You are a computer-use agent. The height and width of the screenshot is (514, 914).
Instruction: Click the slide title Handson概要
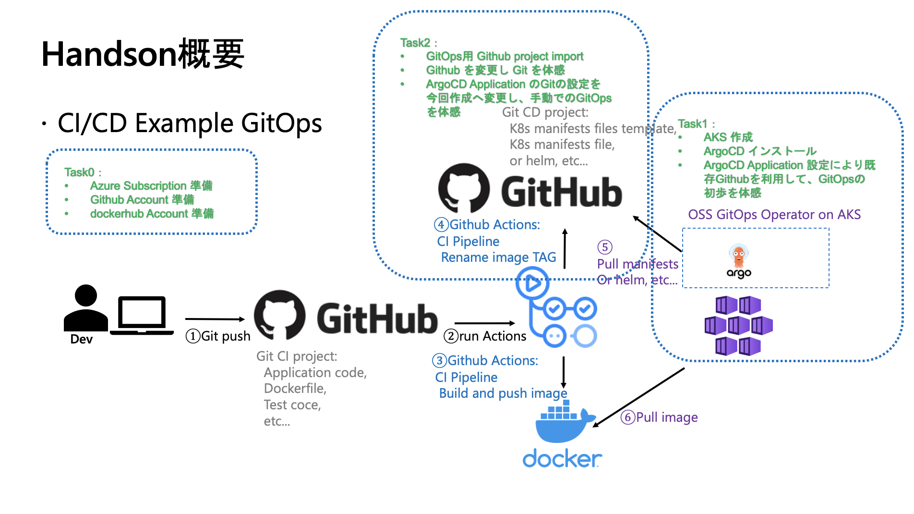[143, 54]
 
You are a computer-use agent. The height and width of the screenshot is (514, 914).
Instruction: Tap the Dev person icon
[86, 308]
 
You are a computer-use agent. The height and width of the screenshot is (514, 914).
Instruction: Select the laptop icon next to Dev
[142, 315]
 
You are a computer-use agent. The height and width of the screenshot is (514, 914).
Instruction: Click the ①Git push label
[218, 336]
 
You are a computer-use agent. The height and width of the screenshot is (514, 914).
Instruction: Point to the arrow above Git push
[215, 319]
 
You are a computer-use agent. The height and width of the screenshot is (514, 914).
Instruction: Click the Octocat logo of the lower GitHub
[279, 314]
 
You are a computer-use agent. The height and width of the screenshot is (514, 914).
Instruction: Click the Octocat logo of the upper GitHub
[464, 188]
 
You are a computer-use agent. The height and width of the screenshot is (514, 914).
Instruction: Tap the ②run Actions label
[485, 336]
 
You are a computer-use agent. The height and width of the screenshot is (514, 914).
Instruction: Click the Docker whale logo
[565, 423]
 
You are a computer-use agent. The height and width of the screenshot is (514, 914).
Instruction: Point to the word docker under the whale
[562, 459]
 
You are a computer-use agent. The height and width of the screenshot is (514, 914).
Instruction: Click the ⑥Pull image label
[659, 417]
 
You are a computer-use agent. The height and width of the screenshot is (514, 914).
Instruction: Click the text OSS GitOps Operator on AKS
[774, 214]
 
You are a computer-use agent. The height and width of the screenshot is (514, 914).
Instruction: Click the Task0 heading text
[80, 172]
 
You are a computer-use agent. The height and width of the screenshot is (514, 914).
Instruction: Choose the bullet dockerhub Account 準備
[152, 213]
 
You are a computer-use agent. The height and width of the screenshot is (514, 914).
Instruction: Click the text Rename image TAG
[498, 257]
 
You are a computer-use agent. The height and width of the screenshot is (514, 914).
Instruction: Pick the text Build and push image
[503, 393]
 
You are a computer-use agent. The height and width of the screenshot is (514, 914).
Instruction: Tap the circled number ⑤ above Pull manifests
[604, 247]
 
